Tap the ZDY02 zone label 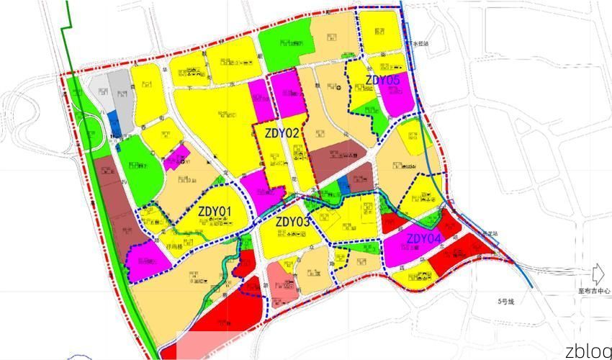282,132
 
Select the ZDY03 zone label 292,222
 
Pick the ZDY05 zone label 382,81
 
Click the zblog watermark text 588,351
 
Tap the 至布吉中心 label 594,292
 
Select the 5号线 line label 507,300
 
